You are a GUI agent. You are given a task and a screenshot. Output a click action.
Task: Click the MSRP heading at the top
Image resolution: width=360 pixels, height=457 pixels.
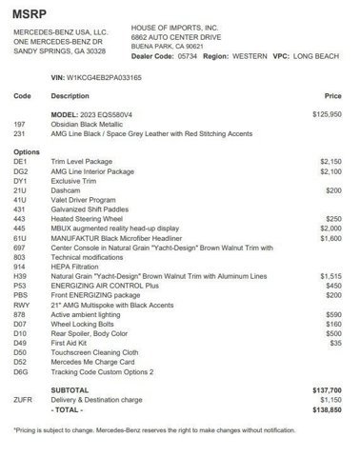pyautogui.click(x=30, y=12)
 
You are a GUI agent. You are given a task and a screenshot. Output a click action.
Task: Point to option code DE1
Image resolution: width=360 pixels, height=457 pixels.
pyautogui.click(x=21, y=163)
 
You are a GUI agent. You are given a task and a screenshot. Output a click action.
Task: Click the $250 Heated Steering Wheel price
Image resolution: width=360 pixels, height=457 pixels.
pyautogui.click(x=332, y=218)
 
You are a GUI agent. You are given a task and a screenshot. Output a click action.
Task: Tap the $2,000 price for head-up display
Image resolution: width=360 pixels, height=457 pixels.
pyautogui.click(x=330, y=228)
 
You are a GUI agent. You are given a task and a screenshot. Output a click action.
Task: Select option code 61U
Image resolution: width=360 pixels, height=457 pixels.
pyautogui.click(x=21, y=237)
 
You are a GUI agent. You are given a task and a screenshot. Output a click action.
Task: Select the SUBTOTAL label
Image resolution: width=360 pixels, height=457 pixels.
pyautogui.click(x=72, y=389)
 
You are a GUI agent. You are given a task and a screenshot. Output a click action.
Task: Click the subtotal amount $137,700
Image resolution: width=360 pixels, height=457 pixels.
pyautogui.click(x=327, y=389)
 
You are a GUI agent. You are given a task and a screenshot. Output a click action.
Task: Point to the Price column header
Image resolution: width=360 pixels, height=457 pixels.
pyautogui.click(x=333, y=95)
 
